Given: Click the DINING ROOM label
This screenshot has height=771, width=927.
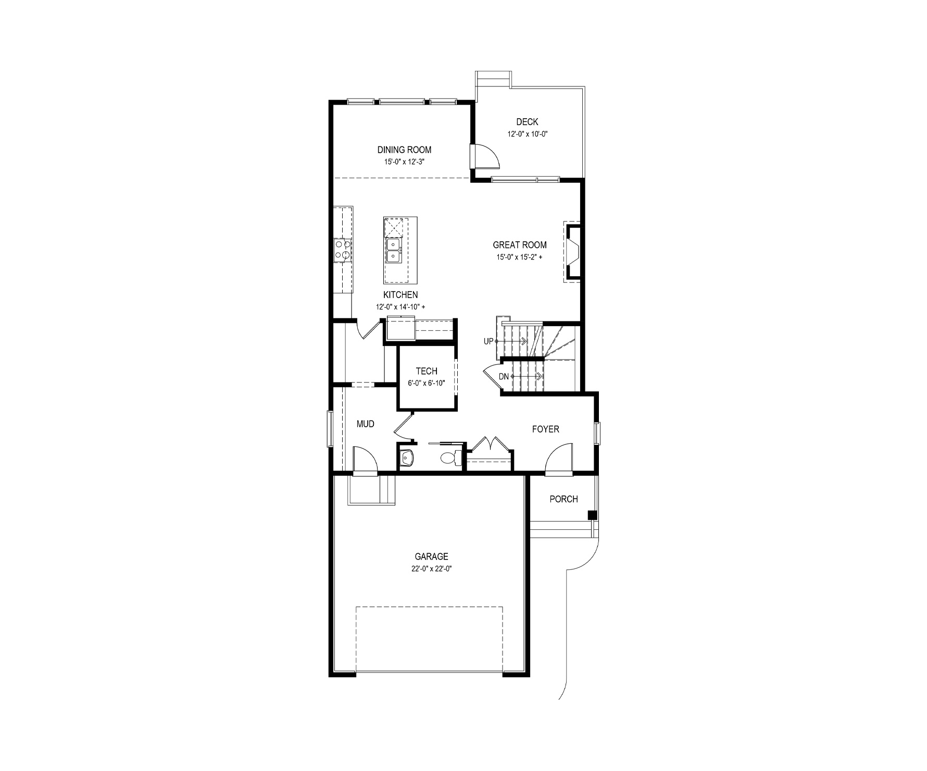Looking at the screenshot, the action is pyautogui.click(x=404, y=150).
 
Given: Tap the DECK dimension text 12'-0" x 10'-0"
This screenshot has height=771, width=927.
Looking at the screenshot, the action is pyautogui.click(x=528, y=134).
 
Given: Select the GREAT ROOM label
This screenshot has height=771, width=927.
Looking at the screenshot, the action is pyautogui.click(x=520, y=245).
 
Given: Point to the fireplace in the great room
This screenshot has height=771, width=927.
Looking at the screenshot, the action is pyautogui.click(x=572, y=252).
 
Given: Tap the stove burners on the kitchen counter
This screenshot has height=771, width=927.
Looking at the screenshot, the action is pyautogui.click(x=342, y=250).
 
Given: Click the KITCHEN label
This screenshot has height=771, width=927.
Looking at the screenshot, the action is pyautogui.click(x=400, y=295).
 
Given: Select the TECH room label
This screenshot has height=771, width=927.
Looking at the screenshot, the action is pyautogui.click(x=427, y=371).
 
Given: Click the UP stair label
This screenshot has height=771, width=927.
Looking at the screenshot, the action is pyautogui.click(x=488, y=341).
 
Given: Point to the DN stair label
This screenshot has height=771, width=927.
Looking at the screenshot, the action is pyautogui.click(x=504, y=377).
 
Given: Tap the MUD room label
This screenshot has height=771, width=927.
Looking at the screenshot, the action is pyautogui.click(x=366, y=424).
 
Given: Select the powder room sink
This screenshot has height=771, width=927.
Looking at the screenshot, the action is pyautogui.click(x=407, y=458).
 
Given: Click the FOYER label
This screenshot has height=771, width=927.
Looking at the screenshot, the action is pyautogui.click(x=545, y=429).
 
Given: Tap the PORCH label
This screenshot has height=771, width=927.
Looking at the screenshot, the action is pyautogui.click(x=563, y=499).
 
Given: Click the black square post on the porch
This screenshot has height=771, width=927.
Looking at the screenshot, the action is pyautogui.click(x=592, y=515).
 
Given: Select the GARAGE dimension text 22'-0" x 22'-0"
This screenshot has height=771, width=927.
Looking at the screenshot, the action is pyautogui.click(x=431, y=569).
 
